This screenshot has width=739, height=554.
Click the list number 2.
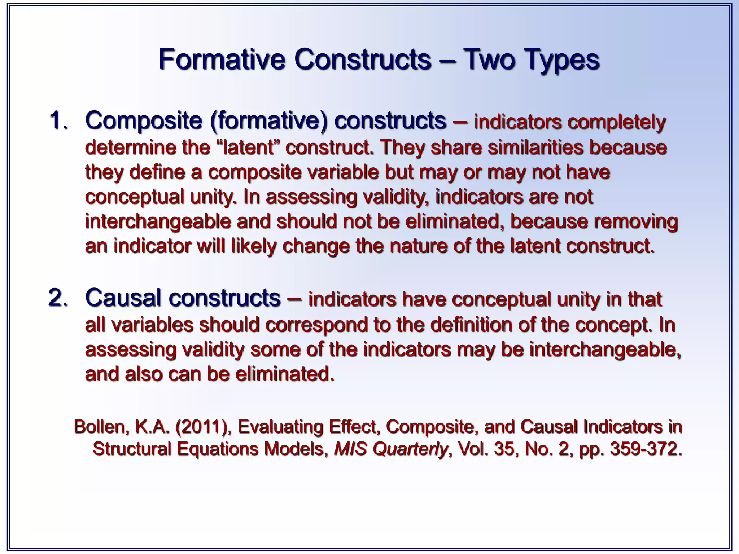pyautogui.click(x=58, y=298)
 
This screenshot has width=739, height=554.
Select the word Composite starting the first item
pyautogui.click(x=143, y=120)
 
